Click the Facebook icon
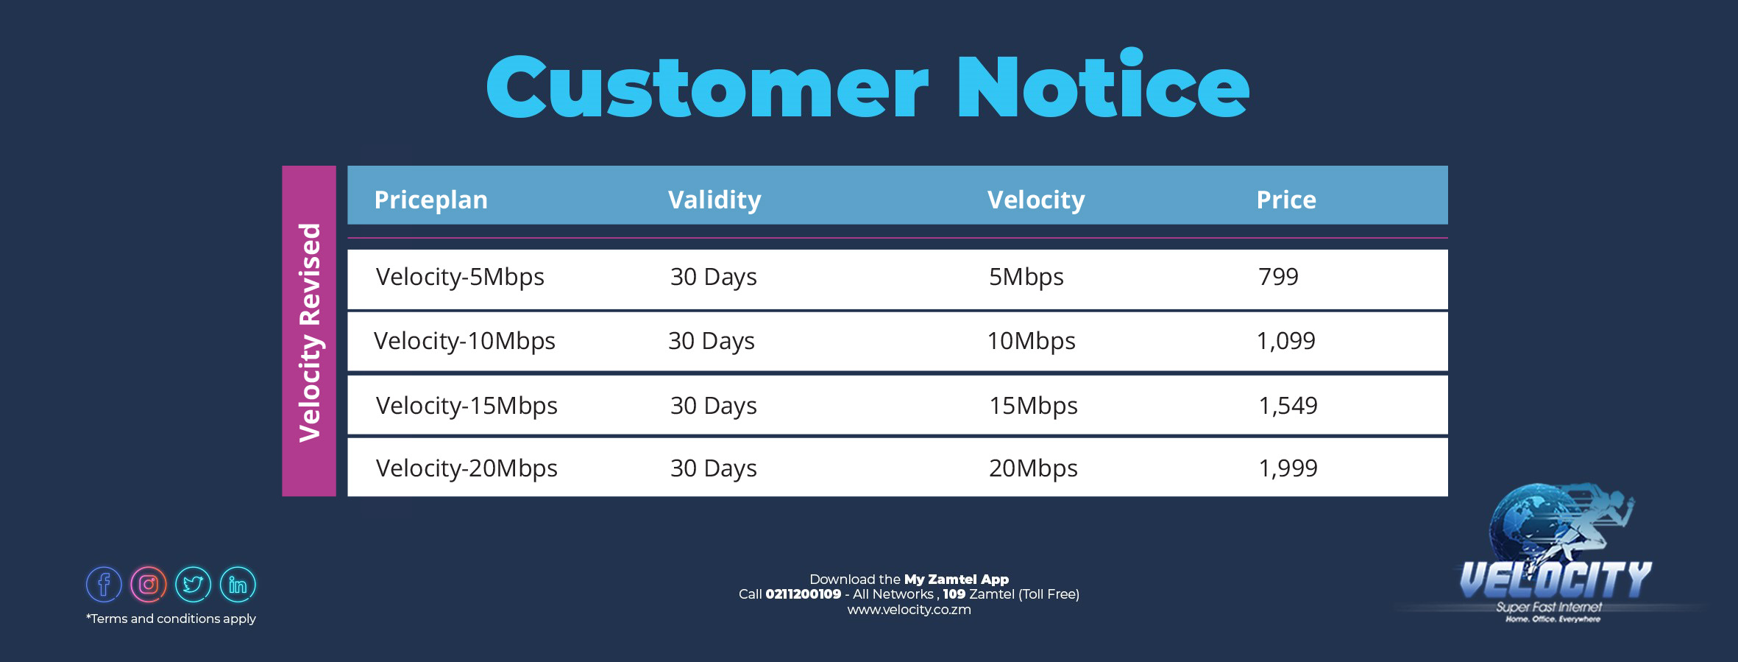pos(104,585)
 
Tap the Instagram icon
pos(149,585)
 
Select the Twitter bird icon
pos(194,585)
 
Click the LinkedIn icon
pos(238,585)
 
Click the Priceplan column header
pos(430,200)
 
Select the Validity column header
pos(714,200)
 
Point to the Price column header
pos(1286,200)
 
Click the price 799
pos(1278,277)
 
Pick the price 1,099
pos(1285,341)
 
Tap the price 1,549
pos(1288,406)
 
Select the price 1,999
pos(1288,468)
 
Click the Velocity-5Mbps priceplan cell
pos(460,278)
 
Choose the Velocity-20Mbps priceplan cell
pos(467,469)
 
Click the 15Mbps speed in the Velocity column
pos(1033,406)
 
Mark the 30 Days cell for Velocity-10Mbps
pos(712,342)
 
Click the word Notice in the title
pos(1102,87)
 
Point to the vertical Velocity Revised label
pos(310,331)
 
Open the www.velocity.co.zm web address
pos(909,610)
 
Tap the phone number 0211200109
pos(803,594)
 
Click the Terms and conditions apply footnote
pos(171,619)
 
